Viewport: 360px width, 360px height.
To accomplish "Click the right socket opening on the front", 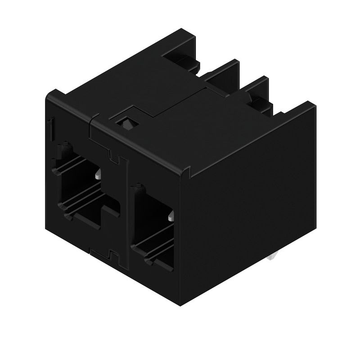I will click(x=153, y=229).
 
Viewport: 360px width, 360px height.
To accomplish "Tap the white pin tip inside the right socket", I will click(x=171, y=218).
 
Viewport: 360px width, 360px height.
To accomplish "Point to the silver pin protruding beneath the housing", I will click(x=272, y=258).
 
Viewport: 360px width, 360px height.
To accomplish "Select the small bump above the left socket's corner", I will click(x=66, y=146).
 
